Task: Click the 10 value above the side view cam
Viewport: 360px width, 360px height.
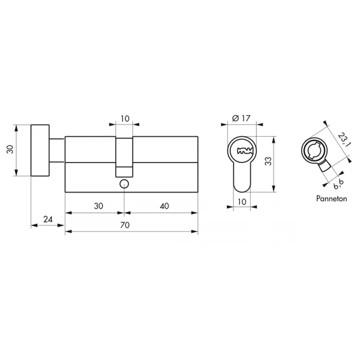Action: coord(124,119)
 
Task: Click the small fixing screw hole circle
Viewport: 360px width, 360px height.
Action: coord(124,183)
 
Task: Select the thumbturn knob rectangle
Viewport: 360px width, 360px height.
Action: coord(41,151)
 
